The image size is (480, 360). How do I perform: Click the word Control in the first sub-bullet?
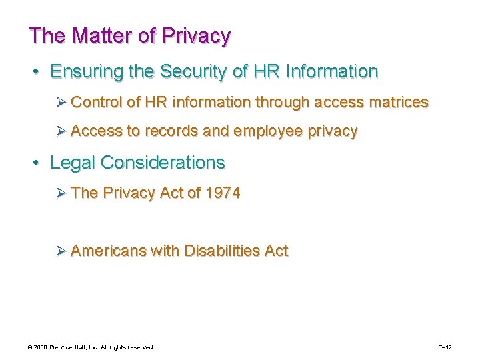[96, 102]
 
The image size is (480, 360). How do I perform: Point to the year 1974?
[223, 193]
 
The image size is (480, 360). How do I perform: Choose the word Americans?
[108, 251]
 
